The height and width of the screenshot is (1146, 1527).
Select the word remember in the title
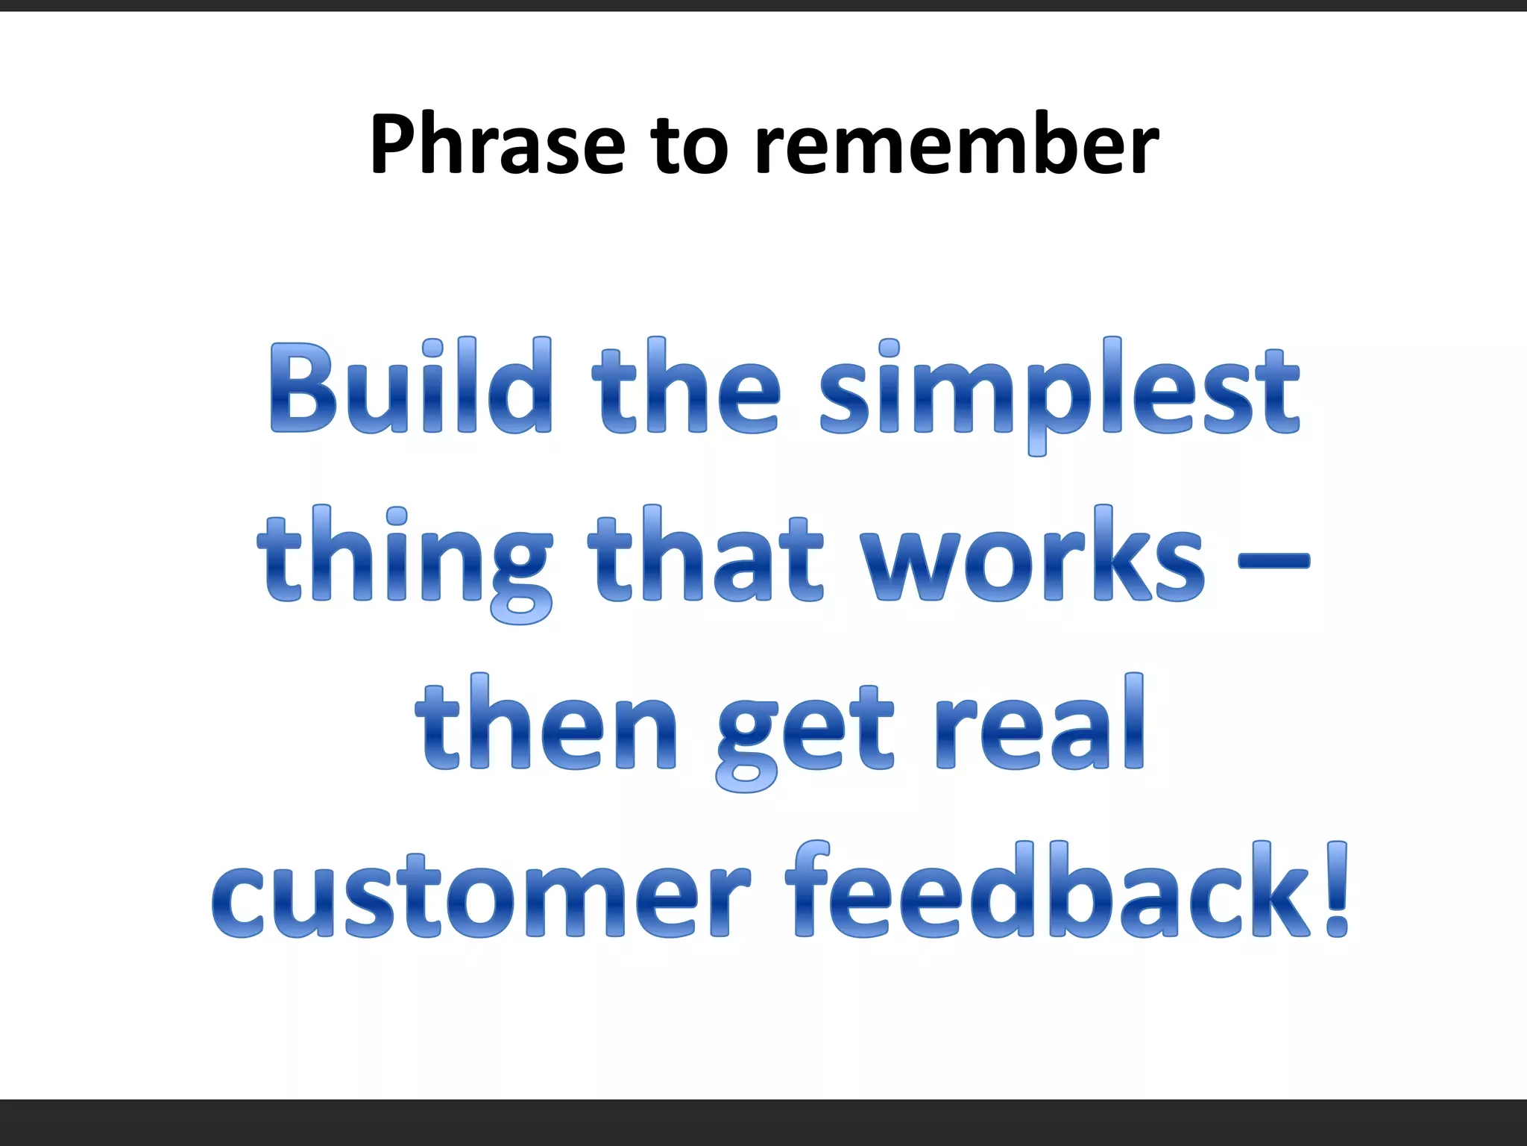click(957, 144)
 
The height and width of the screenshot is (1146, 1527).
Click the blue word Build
click(410, 388)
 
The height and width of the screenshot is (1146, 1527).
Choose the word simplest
click(1059, 392)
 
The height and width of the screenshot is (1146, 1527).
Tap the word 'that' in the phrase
click(705, 556)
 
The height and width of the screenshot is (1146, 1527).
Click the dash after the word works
click(1273, 559)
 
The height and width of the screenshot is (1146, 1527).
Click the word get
click(804, 731)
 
